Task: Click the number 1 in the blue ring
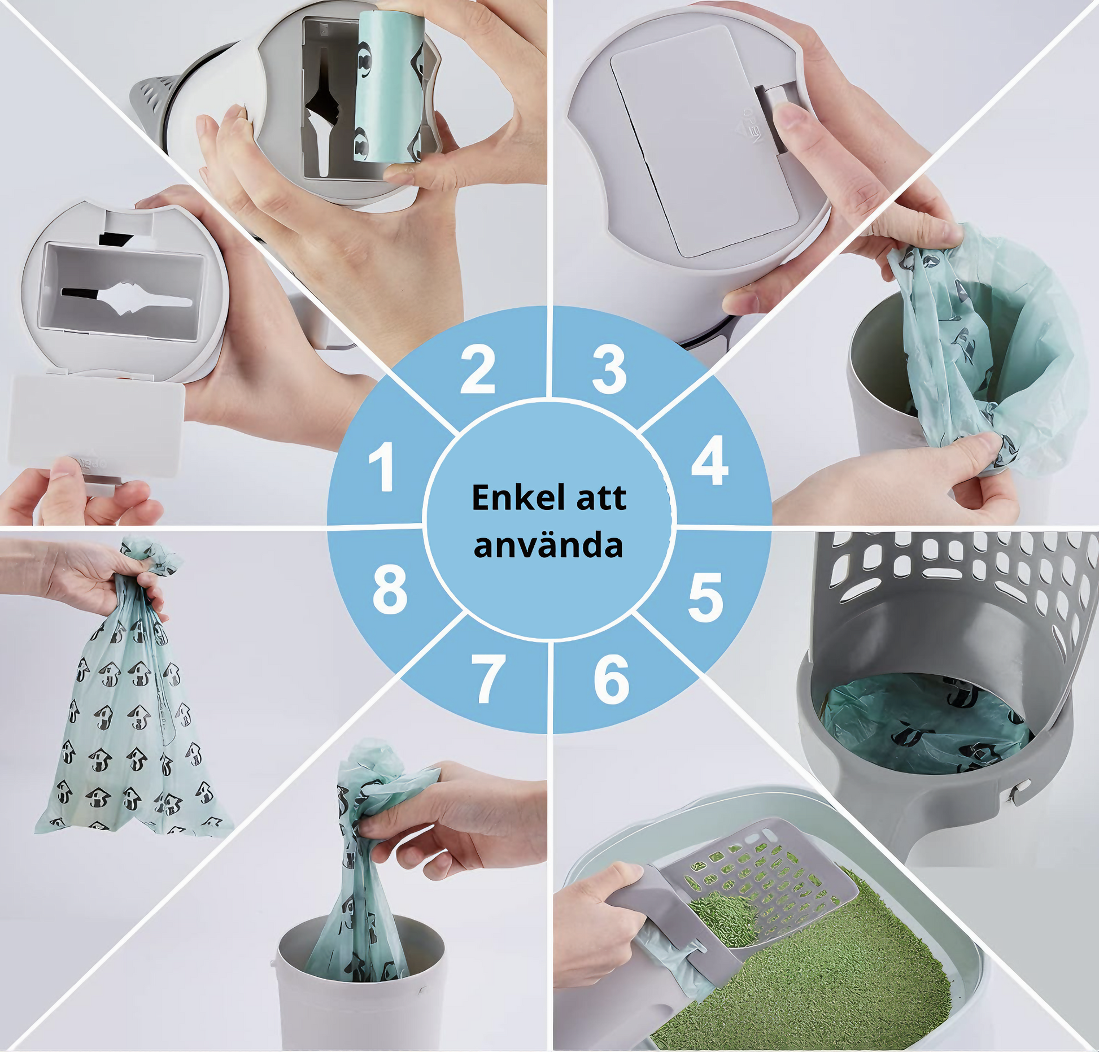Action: click(382, 466)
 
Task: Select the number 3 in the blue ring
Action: click(609, 369)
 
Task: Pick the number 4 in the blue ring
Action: click(710, 460)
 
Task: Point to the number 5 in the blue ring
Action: click(705, 597)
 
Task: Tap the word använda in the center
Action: click(548, 545)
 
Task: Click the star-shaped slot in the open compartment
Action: click(127, 296)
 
